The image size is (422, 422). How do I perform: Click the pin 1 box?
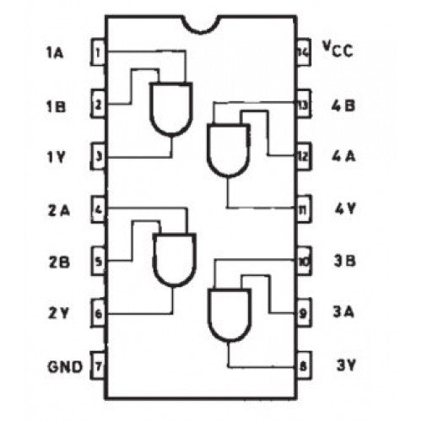tap(98, 52)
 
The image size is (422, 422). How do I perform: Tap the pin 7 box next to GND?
tap(98, 365)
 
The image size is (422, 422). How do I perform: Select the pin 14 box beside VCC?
tap(304, 52)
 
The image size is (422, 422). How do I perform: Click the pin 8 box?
tap(304, 365)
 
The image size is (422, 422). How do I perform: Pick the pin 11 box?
tap(304, 209)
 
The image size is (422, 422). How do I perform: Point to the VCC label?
tap(338, 49)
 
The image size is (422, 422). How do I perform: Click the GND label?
tap(65, 366)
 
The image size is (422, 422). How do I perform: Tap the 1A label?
tap(55, 52)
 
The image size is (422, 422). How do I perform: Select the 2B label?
tap(59, 262)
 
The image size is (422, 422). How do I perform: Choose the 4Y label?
tap(345, 208)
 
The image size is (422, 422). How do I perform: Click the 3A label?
tap(344, 311)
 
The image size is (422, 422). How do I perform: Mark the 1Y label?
tap(56, 157)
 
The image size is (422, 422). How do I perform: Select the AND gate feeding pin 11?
tap(229, 150)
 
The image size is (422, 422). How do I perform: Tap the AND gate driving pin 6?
tap(175, 260)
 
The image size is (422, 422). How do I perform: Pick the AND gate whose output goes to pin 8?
tap(230, 315)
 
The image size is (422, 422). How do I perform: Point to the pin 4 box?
tap(98, 209)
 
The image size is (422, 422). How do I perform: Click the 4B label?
tap(344, 105)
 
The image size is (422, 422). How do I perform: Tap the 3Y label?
tap(346, 365)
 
